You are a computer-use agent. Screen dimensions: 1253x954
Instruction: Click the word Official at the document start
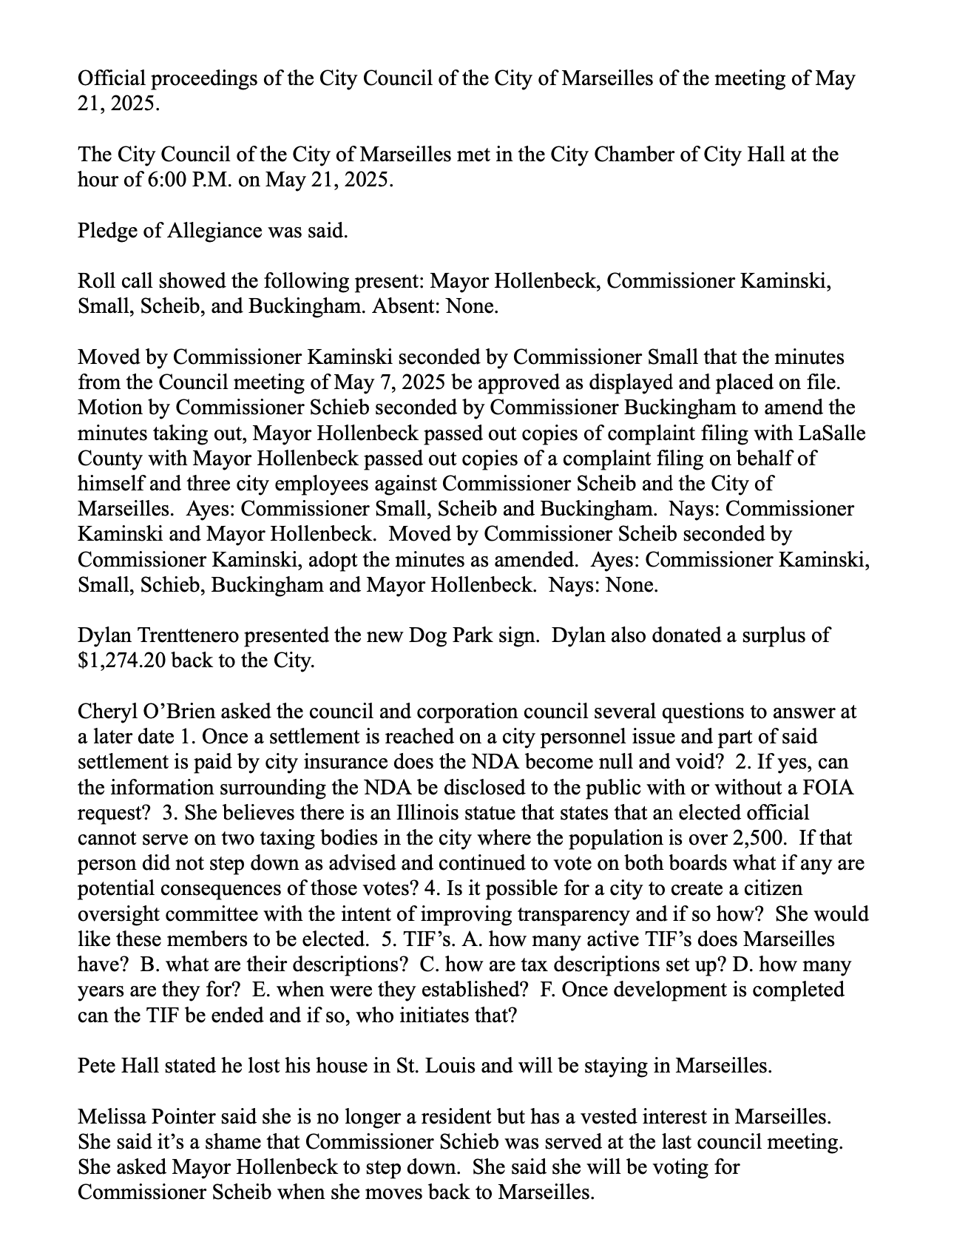click(x=106, y=78)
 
